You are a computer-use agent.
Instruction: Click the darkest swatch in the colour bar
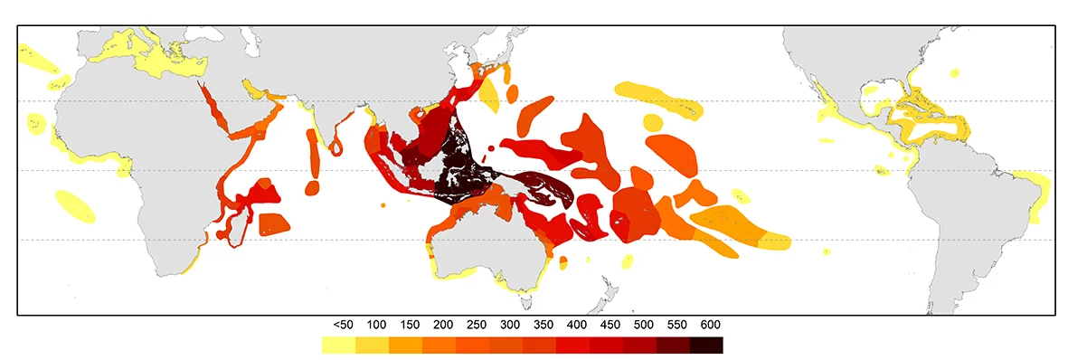click(706, 345)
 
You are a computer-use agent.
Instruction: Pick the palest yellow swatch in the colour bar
click(338, 345)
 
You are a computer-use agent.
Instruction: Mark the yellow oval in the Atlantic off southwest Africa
click(74, 206)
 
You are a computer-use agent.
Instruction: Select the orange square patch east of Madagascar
click(275, 223)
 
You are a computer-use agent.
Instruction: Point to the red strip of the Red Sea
click(217, 109)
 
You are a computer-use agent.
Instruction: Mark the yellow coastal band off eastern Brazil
click(1036, 194)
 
